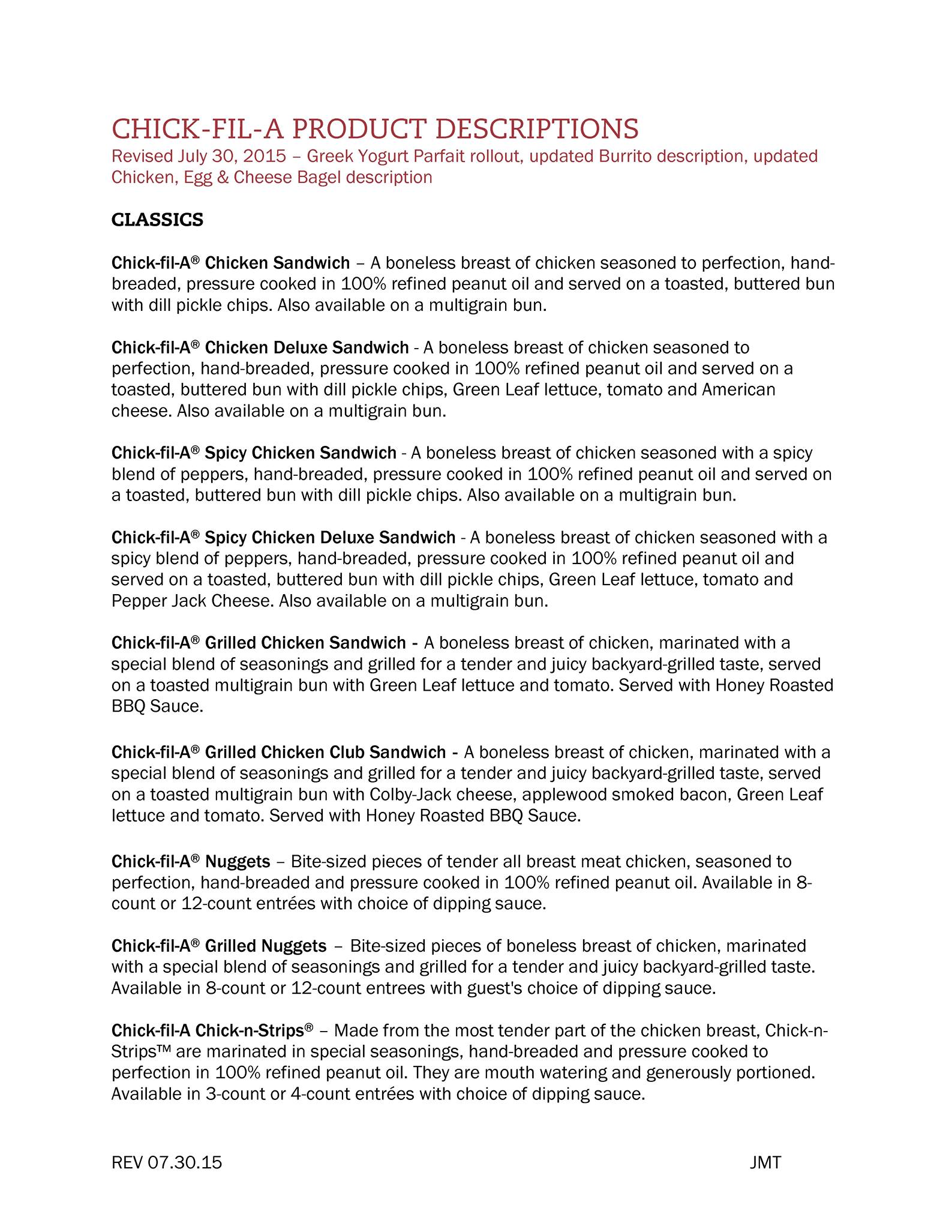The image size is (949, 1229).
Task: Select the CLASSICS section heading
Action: (x=157, y=220)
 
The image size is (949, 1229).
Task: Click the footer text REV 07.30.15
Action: (x=167, y=1163)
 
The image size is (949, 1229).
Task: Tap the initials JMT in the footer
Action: (x=765, y=1163)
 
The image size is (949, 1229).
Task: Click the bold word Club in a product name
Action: (x=347, y=753)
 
